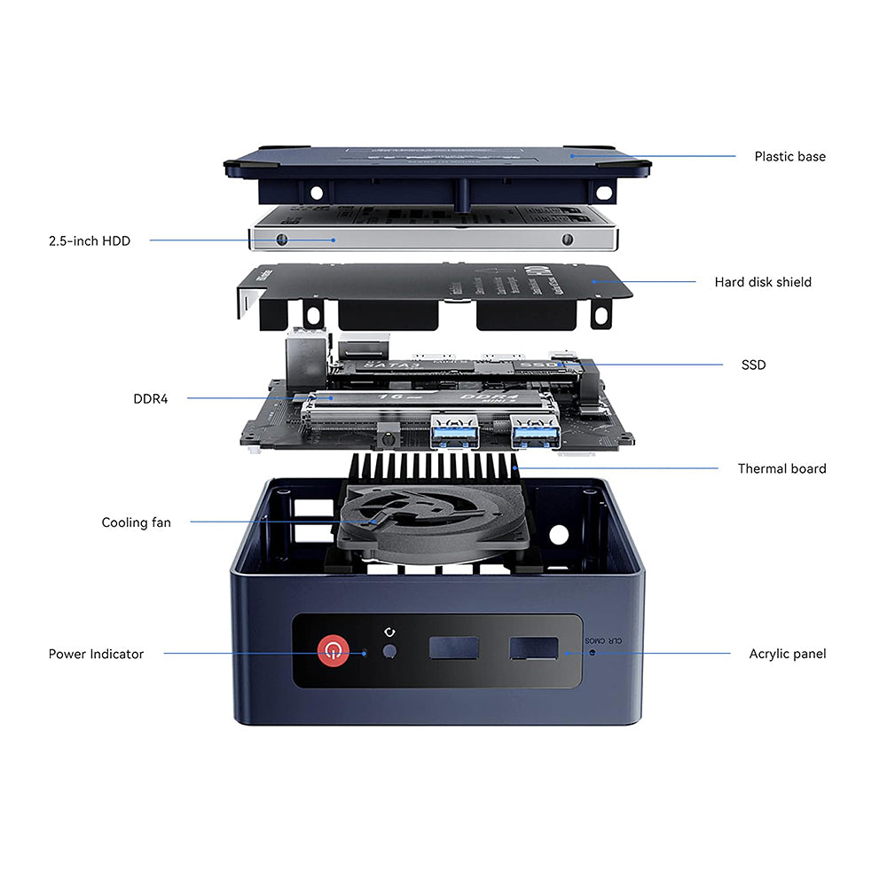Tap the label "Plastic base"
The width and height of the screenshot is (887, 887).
tap(789, 156)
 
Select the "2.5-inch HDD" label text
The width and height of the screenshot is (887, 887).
tap(89, 240)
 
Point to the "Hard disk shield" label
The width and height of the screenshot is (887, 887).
tap(763, 282)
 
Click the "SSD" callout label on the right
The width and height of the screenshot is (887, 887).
tap(753, 365)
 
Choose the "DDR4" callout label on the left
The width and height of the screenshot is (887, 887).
tap(150, 398)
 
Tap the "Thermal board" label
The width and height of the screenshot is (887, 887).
tap(781, 468)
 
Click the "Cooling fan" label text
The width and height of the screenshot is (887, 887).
tap(136, 522)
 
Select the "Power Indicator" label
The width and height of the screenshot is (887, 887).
tap(96, 654)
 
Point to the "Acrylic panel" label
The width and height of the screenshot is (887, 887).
tap(787, 654)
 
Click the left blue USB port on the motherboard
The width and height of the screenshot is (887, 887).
tap(455, 433)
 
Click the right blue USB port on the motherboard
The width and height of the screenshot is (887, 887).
tap(536, 433)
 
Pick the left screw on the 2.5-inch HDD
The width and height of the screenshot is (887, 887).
tap(282, 239)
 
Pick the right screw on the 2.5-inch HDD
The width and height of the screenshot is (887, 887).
tap(567, 239)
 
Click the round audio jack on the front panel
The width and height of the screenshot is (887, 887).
tap(388, 653)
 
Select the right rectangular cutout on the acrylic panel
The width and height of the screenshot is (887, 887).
tap(533, 648)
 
